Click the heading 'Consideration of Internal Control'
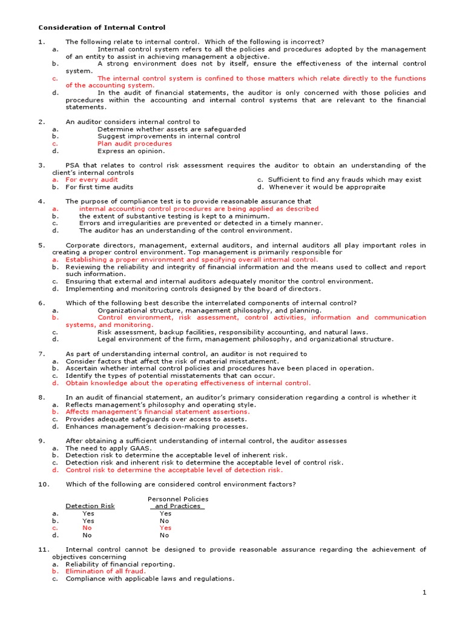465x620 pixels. pyautogui.click(x=102, y=27)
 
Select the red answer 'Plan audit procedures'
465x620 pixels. pyautogui.click(x=134, y=143)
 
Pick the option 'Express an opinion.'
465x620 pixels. pyautogui.click(x=131, y=151)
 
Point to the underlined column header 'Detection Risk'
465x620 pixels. pyautogui.click(x=90, y=506)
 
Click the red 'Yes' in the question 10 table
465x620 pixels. pyautogui.click(x=165, y=528)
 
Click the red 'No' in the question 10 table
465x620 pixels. pyautogui.click(x=87, y=528)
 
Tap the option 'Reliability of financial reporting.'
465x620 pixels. pyautogui.click(x=120, y=564)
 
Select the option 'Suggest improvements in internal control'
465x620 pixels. pyautogui.click(x=168, y=136)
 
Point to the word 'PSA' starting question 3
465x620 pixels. pyautogui.click(x=73, y=165)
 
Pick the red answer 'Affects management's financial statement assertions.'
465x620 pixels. pyautogui.click(x=157, y=412)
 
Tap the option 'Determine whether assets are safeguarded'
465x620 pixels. pyautogui.click(x=171, y=129)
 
